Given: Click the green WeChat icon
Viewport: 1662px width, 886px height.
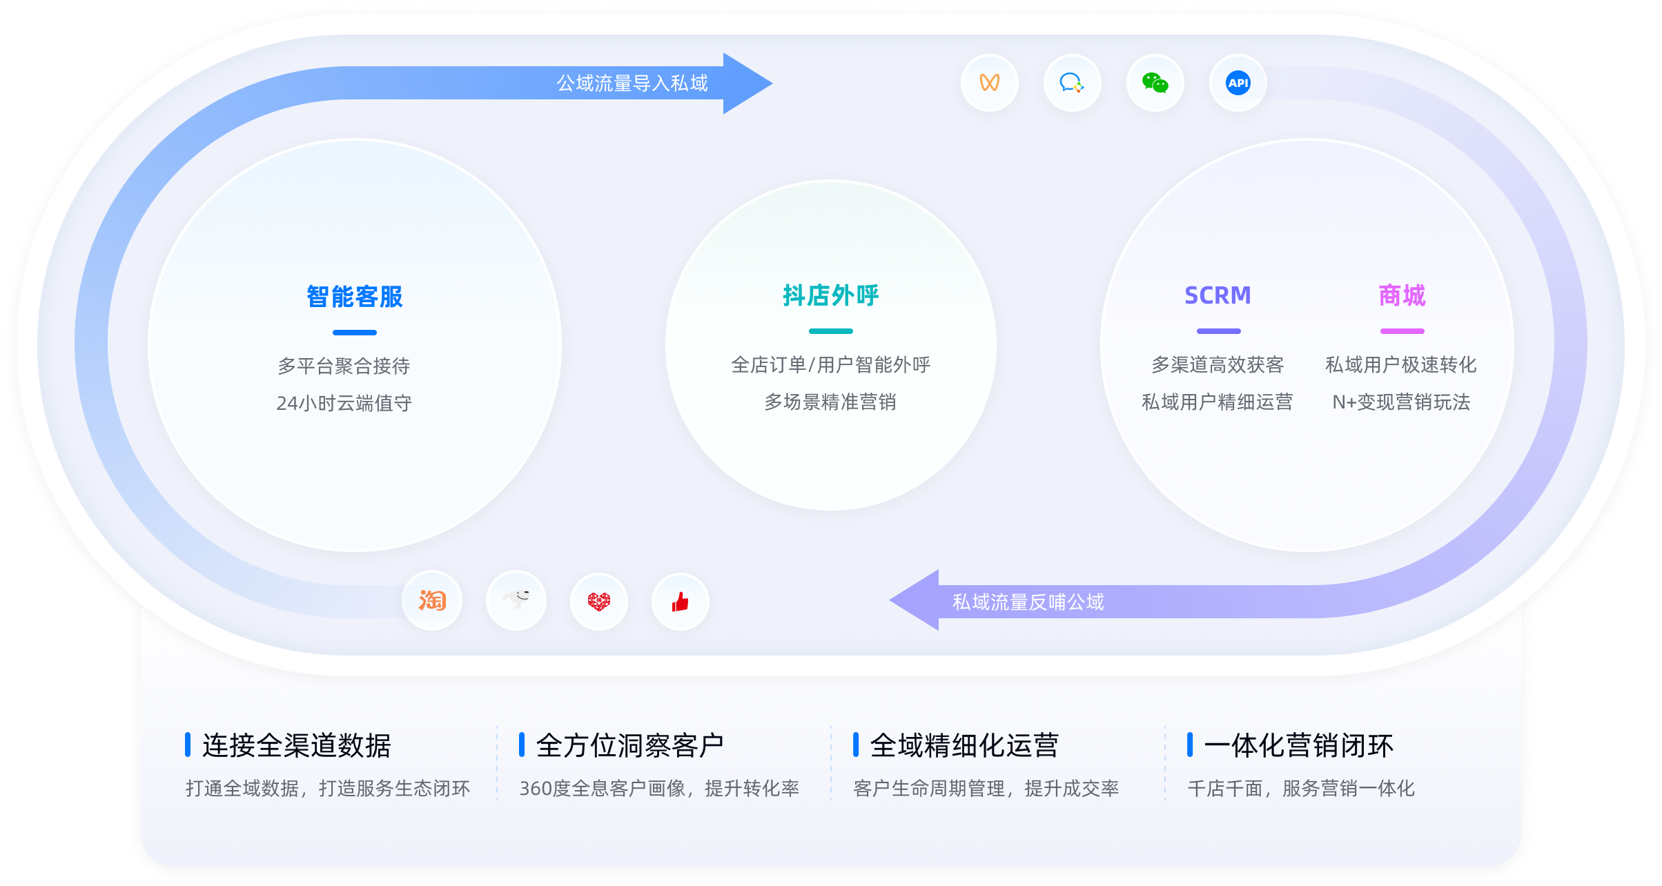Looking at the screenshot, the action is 1155,83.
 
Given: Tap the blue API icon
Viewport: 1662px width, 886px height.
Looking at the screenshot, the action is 1238,83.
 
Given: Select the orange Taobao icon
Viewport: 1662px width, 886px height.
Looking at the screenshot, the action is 432,600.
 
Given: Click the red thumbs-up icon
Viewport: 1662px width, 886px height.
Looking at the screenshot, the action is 681,602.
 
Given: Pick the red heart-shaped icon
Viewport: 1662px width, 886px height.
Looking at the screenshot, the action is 599,601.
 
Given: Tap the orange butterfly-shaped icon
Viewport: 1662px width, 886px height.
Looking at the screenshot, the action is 990,83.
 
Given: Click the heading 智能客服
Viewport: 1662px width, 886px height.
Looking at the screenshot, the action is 355,297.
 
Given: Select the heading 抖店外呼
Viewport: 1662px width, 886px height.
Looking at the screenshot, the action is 831,295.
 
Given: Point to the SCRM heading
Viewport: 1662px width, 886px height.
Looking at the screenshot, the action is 1218,295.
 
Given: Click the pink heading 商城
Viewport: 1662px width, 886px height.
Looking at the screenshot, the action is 1402,295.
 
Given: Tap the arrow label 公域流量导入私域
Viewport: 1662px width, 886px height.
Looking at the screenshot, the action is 632,83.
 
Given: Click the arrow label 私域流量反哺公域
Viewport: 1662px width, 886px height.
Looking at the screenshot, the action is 1028,602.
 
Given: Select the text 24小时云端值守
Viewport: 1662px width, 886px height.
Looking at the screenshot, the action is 344,403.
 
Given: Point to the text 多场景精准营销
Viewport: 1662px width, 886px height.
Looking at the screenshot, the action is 830,402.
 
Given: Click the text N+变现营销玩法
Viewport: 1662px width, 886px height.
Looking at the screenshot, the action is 1401,402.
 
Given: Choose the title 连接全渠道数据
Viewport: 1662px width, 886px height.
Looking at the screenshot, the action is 297,745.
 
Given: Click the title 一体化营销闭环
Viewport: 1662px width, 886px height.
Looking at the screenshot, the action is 1299,745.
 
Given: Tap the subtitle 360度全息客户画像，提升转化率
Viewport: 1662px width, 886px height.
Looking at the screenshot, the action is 659,789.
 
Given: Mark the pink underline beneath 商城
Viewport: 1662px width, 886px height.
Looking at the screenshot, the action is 1402,331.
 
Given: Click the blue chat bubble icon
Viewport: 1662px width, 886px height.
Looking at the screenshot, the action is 1072,83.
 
